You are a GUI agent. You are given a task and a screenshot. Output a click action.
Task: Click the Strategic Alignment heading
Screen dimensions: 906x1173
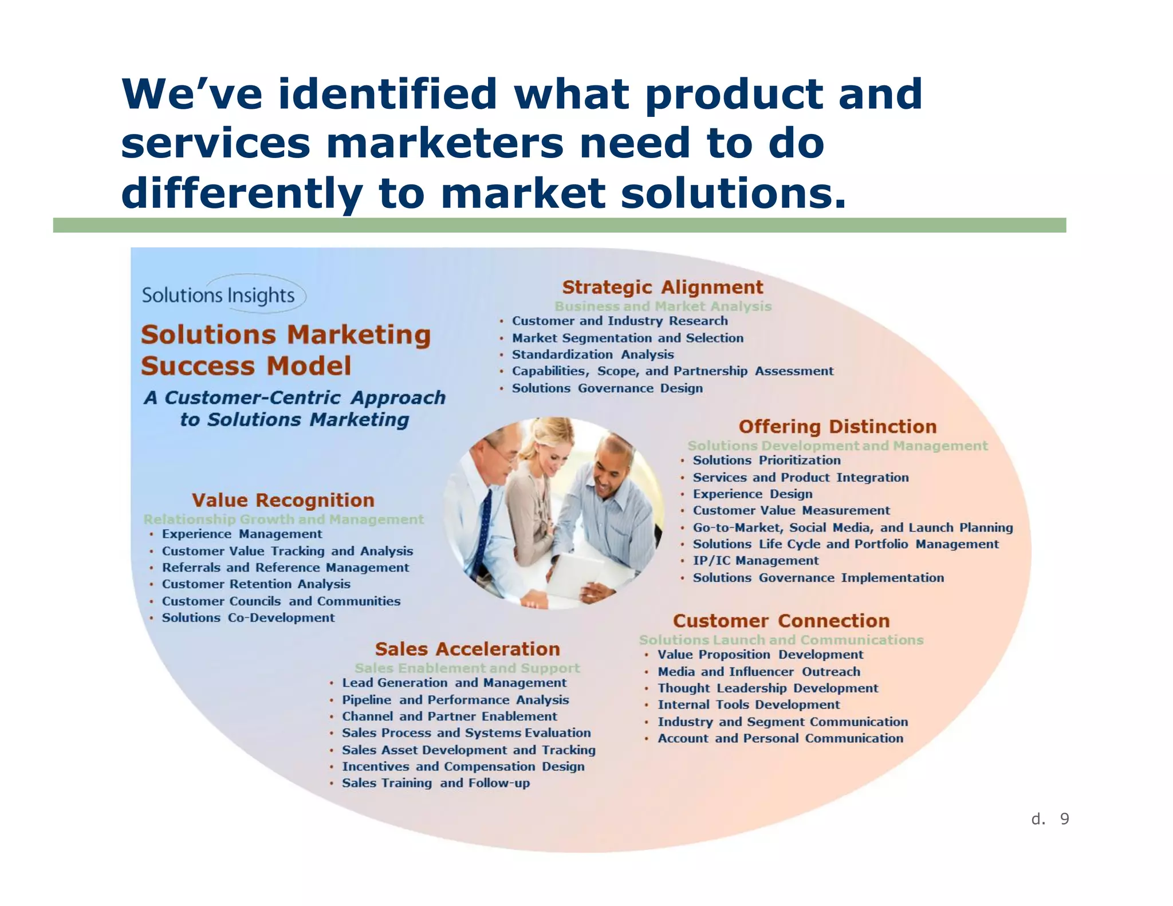[662, 287]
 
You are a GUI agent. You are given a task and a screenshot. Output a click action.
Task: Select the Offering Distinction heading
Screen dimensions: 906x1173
[837, 427]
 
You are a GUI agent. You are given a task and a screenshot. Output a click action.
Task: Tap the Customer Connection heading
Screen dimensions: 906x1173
[781, 621]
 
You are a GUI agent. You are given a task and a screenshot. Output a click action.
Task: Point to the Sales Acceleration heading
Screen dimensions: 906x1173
[467, 649]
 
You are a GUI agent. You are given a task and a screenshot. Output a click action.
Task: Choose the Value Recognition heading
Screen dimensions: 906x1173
[283, 500]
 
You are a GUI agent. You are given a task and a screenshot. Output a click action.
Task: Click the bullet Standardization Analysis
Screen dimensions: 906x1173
[592, 354]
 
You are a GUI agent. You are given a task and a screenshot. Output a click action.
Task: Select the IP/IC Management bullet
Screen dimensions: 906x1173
[755, 561]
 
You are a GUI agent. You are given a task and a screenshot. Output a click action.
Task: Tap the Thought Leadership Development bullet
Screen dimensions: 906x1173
[767, 688]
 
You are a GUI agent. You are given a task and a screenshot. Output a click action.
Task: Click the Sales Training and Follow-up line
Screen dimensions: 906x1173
[435, 783]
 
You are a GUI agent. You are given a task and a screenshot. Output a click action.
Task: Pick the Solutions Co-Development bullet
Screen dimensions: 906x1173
[248, 617]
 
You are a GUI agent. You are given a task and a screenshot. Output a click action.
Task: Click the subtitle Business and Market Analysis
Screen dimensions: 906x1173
[663, 306]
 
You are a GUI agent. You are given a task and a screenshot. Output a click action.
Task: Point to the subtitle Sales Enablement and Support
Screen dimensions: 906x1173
[467, 668]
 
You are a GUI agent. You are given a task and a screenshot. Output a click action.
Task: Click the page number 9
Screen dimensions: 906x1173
[1064, 819]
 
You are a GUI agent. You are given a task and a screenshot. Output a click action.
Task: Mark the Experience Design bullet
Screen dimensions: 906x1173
[752, 494]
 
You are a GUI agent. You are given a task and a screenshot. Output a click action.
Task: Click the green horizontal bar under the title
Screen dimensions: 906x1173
[559, 225]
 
